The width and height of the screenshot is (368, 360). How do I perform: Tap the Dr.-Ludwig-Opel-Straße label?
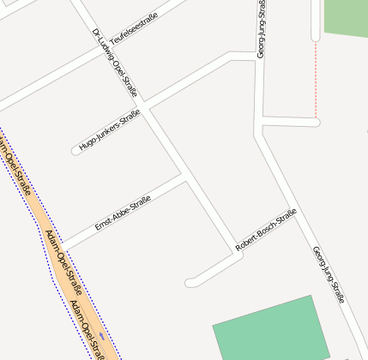click(x=120, y=63)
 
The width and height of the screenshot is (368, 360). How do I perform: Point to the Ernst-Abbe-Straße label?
click(x=123, y=213)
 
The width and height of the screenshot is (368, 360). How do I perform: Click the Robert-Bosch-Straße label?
click(x=266, y=230)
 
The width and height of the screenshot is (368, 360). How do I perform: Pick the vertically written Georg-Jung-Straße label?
click(x=261, y=29)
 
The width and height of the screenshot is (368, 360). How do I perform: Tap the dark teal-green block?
click(x=271, y=329)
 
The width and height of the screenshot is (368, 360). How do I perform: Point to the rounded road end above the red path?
click(x=316, y=37)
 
